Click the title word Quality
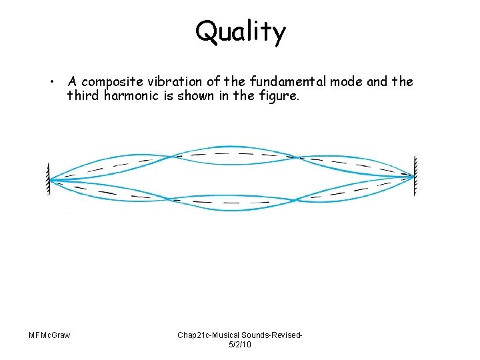(240, 31)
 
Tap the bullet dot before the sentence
(51, 83)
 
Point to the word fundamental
(299, 81)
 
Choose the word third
(84, 96)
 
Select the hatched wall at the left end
(48, 178)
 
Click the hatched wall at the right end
(415, 177)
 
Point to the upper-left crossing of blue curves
(175, 157)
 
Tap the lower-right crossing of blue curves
(297, 199)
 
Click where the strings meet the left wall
(51, 179)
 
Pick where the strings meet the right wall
(412, 177)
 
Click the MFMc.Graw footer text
(50, 334)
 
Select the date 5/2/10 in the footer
(239, 344)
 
